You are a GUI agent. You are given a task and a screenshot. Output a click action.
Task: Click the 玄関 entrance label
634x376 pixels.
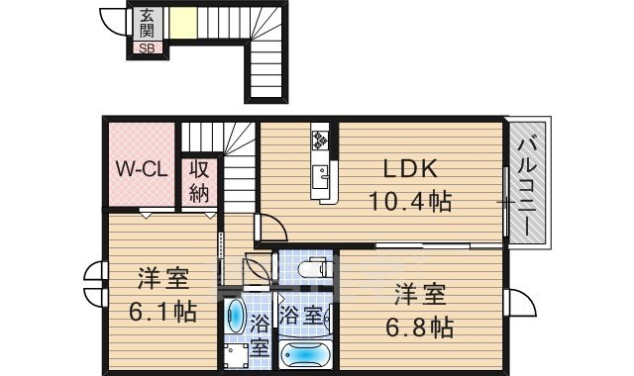click(x=147, y=25)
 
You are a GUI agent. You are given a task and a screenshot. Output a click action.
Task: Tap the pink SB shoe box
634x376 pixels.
click(x=147, y=47)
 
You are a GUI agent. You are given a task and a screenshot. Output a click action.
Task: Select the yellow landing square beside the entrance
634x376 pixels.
click(x=181, y=24)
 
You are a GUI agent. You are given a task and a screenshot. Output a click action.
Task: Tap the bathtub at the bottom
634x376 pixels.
click(x=307, y=353)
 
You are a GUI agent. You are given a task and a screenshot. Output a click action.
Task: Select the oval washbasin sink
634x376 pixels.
click(x=238, y=316)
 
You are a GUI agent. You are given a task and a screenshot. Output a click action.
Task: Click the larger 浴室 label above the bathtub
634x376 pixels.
click(x=299, y=317)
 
